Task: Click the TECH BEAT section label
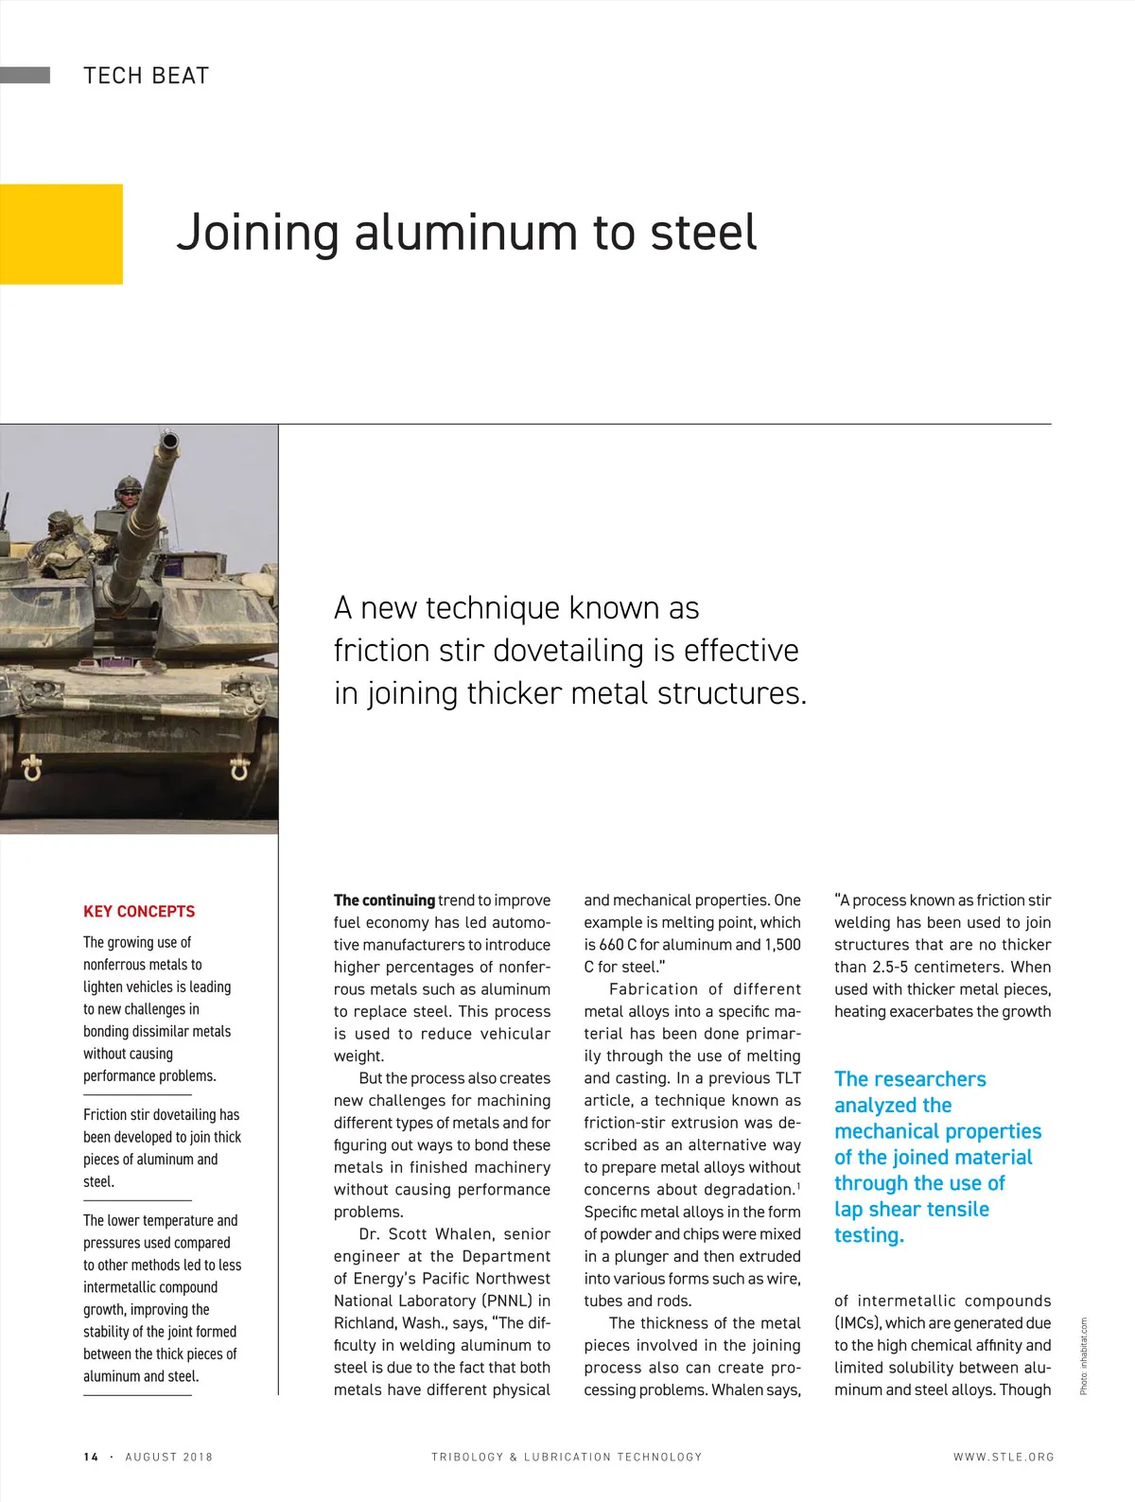(x=146, y=76)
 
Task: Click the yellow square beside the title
(x=61, y=234)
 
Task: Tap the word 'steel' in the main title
(x=704, y=233)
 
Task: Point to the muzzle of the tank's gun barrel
(x=170, y=442)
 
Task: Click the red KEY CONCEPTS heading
(x=139, y=911)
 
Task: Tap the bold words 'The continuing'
(x=384, y=900)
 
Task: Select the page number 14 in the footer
(x=91, y=1457)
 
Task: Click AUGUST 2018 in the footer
(x=169, y=1457)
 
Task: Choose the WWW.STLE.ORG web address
(x=1004, y=1457)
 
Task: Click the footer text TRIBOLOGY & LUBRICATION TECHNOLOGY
(x=567, y=1457)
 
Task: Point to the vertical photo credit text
(x=1084, y=1355)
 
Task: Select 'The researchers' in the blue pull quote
(x=910, y=1079)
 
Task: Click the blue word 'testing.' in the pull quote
(x=868, y=1235)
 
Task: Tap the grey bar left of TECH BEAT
(x=26, y=76)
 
